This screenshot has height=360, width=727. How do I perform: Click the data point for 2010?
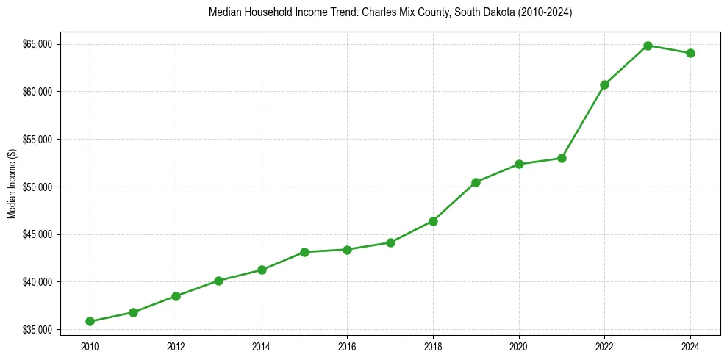90,321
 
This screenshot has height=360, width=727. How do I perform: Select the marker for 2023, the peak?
648,46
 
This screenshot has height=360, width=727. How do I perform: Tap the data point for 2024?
690,53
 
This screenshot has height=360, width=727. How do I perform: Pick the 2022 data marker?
604,84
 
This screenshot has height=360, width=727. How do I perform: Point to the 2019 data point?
476,182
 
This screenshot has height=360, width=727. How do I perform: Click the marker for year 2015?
304,252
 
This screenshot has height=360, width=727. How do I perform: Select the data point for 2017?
390,242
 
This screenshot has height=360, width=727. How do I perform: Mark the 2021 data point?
562,158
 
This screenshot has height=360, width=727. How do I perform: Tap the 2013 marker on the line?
218,281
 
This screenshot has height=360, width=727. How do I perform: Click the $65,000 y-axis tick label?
37,44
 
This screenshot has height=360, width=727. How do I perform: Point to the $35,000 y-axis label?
37,330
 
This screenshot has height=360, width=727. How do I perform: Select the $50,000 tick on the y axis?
37,187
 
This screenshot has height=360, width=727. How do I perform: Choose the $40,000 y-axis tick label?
37,282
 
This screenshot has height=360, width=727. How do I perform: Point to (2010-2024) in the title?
546,13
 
